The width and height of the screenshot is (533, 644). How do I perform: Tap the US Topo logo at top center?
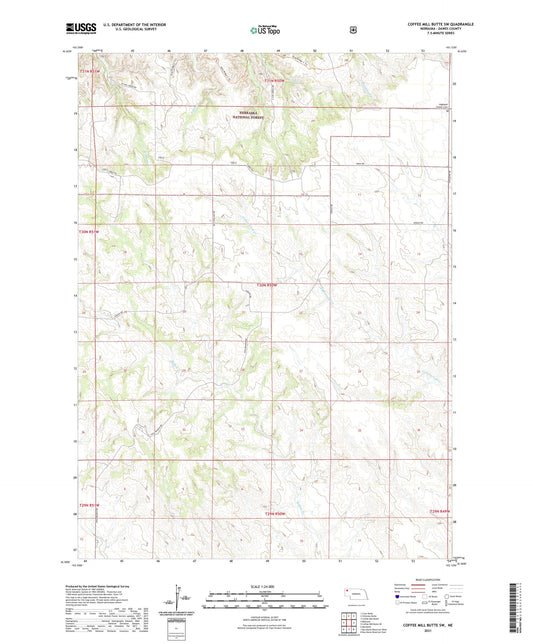tap(265, 30)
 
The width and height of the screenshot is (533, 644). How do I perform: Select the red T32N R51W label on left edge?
tap(90, 232)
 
